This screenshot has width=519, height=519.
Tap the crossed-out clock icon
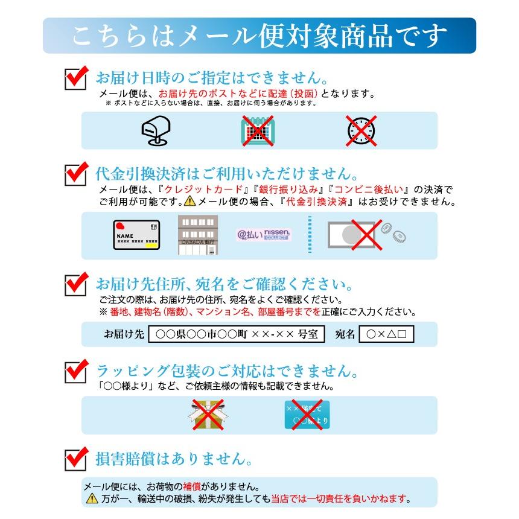pyautogui.click(x=361, y=130)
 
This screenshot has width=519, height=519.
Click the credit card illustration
pyautogui.click(x=136, y=235)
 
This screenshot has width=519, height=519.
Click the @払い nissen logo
pyautogui.click(x=264, y=235)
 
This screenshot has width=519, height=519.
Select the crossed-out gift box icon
pyautogui.click(x=206, y=415)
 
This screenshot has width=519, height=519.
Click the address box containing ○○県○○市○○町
pyautogui.click(x=237, y=334)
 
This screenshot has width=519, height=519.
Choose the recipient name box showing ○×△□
pyautogui.click(x=386, y=334)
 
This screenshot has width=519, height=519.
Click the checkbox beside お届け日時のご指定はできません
pyautogui.click(x=75, y=79)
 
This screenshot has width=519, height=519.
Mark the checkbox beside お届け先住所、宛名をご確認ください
pyautogui.click(x=75, y=284)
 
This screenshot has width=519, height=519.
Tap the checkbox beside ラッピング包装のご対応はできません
pyautogui.click(x=75, y=371)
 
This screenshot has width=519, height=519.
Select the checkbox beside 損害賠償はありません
pyautogui.click(x=75, y=460)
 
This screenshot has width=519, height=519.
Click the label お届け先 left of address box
pyautogui.click(x=124, y=334)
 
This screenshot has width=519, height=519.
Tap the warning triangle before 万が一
pyautogui.click(x=92, y=499)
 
